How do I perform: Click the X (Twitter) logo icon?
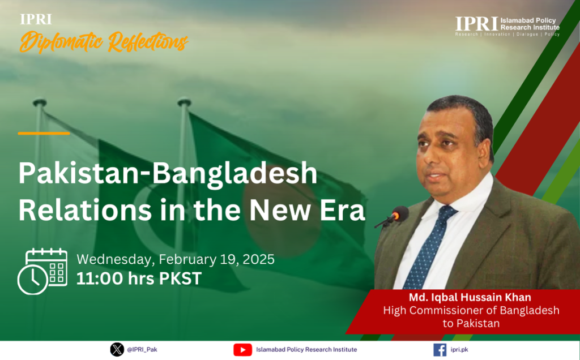pyautogui.click(x=117, y=349)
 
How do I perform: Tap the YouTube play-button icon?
pyautogui.click(x=242, y=350)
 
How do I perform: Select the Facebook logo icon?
pyautogui.click(x=440, y=350)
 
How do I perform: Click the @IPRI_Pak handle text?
pyautogui.click(x=142, y=350)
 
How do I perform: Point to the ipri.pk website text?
pyautogui.click(x=459, y=350)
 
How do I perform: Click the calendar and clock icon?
pyautogui.click(x=42, y=272)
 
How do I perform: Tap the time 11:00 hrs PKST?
pyautogui.click(x=139, y=278)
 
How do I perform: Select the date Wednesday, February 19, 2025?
pyautogui.click(x=176, y=259)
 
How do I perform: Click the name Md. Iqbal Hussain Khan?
pyautogui.click(x=470, y=297)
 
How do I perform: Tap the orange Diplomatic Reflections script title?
pyautogui.click(x=104, y=41)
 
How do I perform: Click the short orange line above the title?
pyautogui.click(x=44, y=133)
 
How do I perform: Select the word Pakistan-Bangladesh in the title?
pyautogui.click(x=168, y=174)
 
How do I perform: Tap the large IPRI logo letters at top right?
pyautogui.click(x=476, y=24)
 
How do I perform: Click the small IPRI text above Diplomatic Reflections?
pyautogui.click(x=36, y=19)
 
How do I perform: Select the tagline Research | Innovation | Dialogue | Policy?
pyautogui.click(x=507, y=34)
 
